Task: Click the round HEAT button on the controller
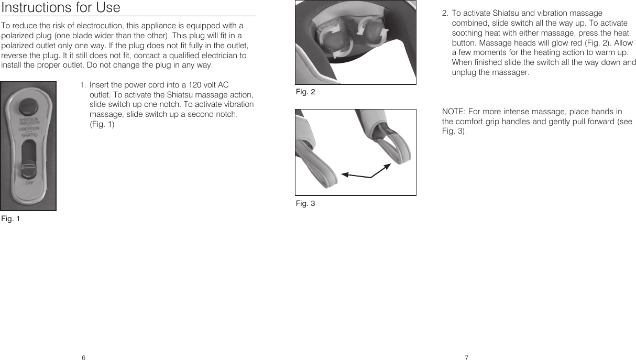coord(28,106)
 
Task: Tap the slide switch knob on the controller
coord(28,169)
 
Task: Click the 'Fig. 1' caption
coord(10,218)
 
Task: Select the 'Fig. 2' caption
coord(305,92)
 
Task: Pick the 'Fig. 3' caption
coord(305,203)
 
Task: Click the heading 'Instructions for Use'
coord(61,8)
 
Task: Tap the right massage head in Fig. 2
coord(373,31)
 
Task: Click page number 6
coord(83,357)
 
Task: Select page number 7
coord(466,357)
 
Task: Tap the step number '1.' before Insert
coord(83,85)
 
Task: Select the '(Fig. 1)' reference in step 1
coord(102,124)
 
